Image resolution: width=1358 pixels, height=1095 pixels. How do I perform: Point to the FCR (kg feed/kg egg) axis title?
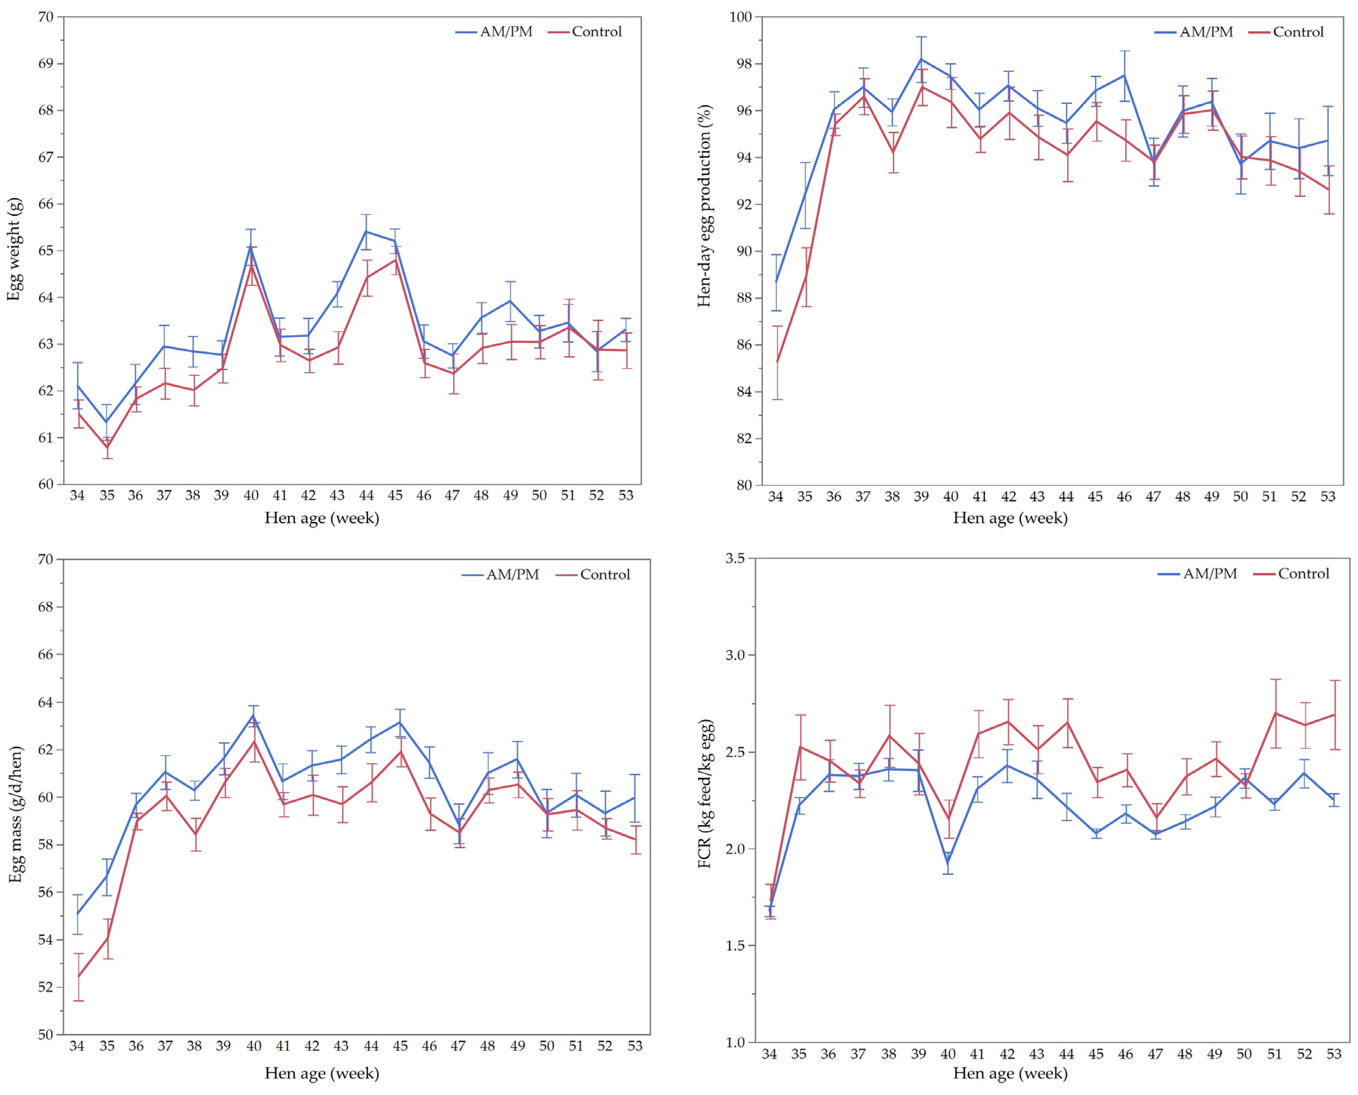706,793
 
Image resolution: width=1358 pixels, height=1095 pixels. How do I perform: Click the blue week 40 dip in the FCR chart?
947,863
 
